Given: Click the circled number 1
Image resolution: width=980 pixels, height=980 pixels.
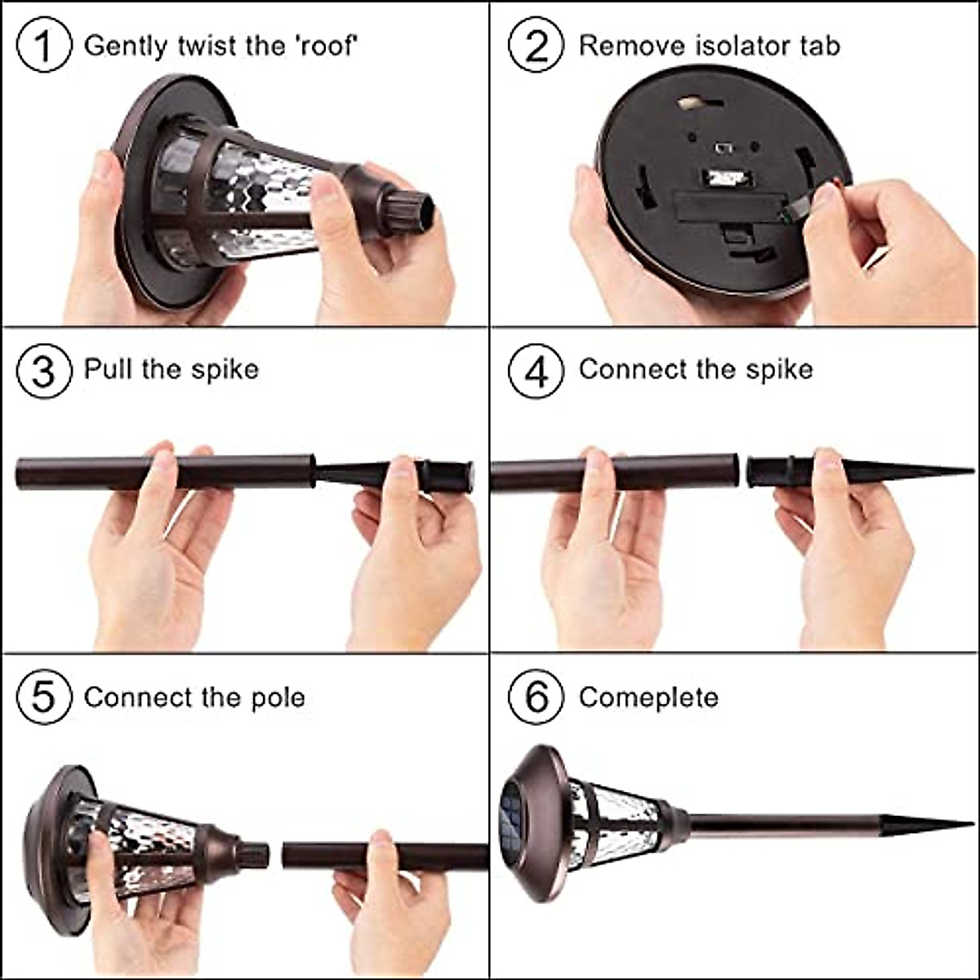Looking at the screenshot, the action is pos(43,46).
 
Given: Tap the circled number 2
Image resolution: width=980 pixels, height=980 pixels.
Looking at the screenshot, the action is pos(536,46).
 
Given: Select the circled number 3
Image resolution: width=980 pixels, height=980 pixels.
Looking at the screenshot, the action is pos(43,371).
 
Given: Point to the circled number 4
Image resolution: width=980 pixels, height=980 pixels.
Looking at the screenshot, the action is pos(536,371).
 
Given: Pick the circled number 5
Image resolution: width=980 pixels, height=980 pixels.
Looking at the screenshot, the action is pos(43,697).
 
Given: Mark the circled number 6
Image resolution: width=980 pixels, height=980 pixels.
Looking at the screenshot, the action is pos(536,697).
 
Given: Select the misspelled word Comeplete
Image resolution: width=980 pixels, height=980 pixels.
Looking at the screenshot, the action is pos(648,699).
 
